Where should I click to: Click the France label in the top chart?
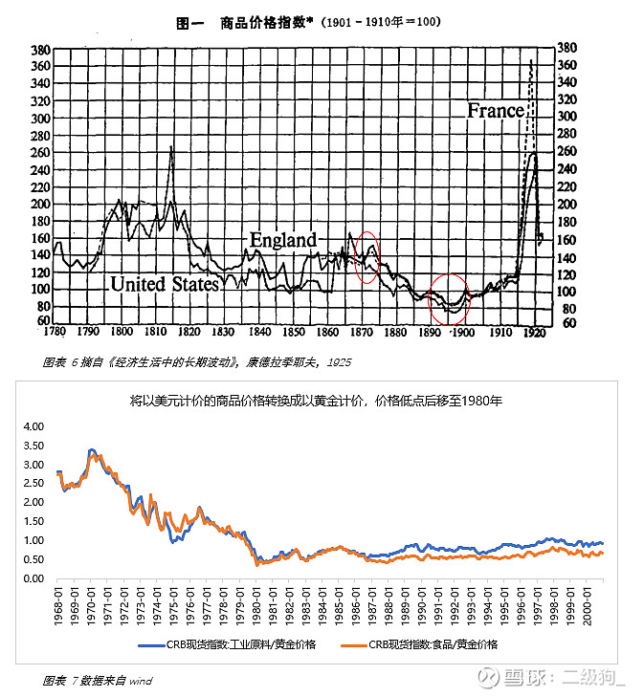click(x=496, y=110)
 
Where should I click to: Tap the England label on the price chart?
click(x=283, y=239)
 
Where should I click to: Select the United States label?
click(x=165, y=284)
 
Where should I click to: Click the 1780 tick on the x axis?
click(x=57, y=332)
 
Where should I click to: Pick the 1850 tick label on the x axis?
click(x=294, y=333)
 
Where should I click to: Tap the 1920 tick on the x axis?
click(x=532, y=333)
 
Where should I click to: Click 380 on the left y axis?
click(x=40, y=50)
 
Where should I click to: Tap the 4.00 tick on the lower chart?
click(x=33, y=426)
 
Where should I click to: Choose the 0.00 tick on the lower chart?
click(x=33, y=578)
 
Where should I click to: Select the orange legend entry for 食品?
click(x=422, y=645)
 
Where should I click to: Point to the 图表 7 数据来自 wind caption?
click(x=99, y=681)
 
